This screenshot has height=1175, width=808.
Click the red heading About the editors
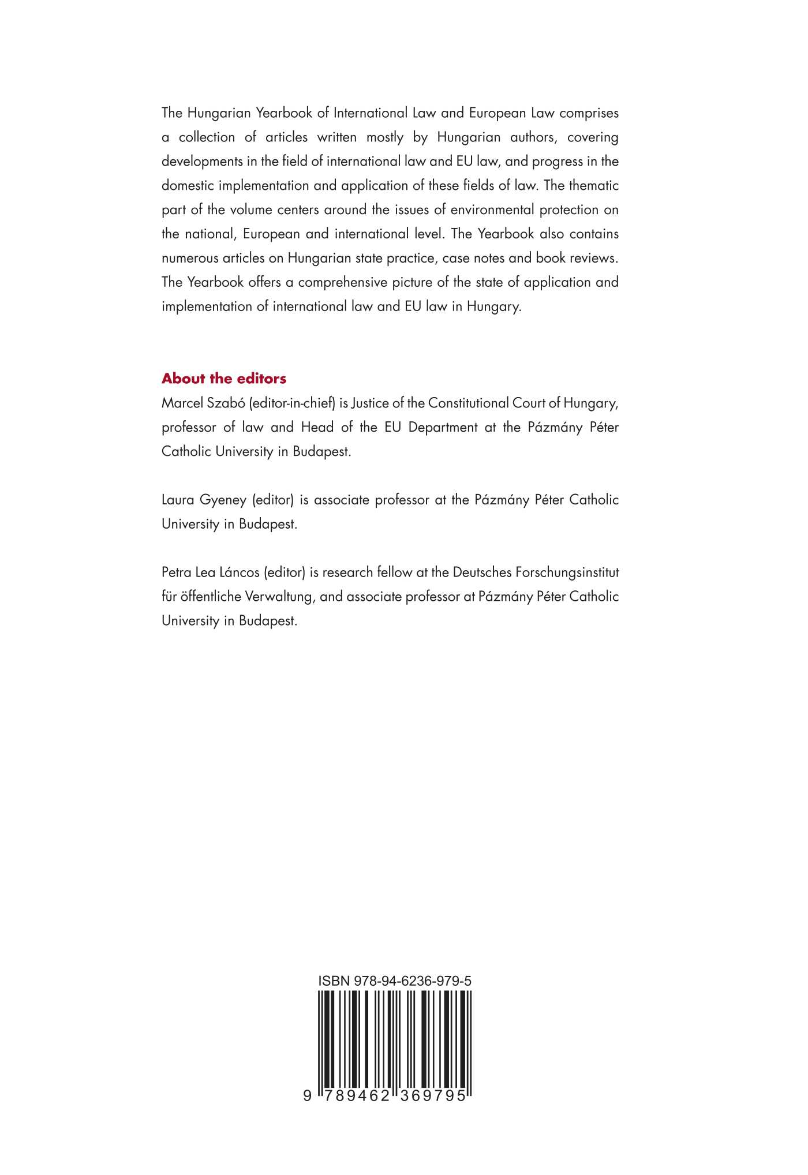click(x=224, y=379)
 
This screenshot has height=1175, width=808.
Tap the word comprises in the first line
click(x=589, y=113)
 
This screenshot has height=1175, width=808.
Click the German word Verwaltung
click(x=280, y=597)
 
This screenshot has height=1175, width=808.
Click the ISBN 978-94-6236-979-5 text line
click(x=395, y=981)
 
